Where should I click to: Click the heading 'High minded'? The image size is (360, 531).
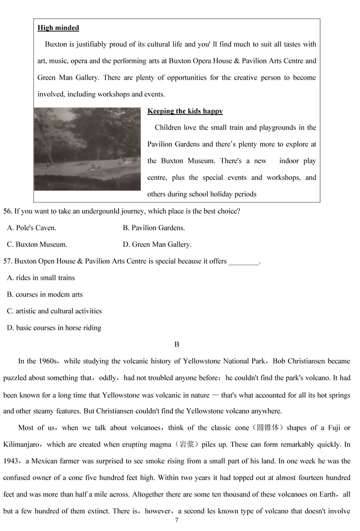(58, 28)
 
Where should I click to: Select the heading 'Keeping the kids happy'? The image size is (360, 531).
(185, 111)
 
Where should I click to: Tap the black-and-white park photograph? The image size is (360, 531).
(88, 149)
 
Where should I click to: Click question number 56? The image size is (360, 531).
(8, 211)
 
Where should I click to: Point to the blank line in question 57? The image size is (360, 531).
(243, 261)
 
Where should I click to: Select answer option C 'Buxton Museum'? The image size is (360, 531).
(37, 244)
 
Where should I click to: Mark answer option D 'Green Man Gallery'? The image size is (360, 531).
(157, 244)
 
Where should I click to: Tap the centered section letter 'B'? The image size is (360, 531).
(177, 344)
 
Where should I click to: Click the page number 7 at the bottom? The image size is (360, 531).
(177, 520)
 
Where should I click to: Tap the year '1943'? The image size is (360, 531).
(12, 461)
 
